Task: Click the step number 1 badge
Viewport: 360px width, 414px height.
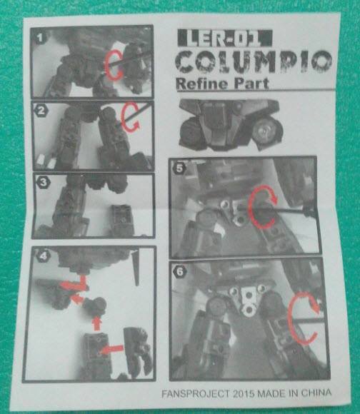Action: coord(40,39)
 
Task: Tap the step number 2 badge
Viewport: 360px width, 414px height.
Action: coord(41,111)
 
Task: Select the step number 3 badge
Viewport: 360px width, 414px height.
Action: coord(43,182)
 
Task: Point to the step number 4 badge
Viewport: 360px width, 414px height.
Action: coord(44,256)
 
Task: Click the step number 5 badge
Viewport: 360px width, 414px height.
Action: coord(179,168)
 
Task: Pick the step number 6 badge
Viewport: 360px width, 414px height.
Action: coord(181,271)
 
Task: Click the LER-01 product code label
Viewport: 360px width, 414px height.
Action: coord(225,38)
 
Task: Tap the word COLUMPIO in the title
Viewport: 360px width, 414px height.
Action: coord(254,62)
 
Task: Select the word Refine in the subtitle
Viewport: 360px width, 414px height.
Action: coord(201,84)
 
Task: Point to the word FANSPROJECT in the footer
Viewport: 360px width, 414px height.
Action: coord(196,394)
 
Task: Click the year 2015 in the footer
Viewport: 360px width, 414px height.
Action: coord(244,393)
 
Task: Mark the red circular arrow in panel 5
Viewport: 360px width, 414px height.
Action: coord(250,208)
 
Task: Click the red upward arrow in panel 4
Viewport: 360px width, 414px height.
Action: coord(97,323)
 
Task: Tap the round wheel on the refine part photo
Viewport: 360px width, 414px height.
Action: coord(267,131)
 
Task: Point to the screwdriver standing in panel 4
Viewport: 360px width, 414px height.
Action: coord(136,268)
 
